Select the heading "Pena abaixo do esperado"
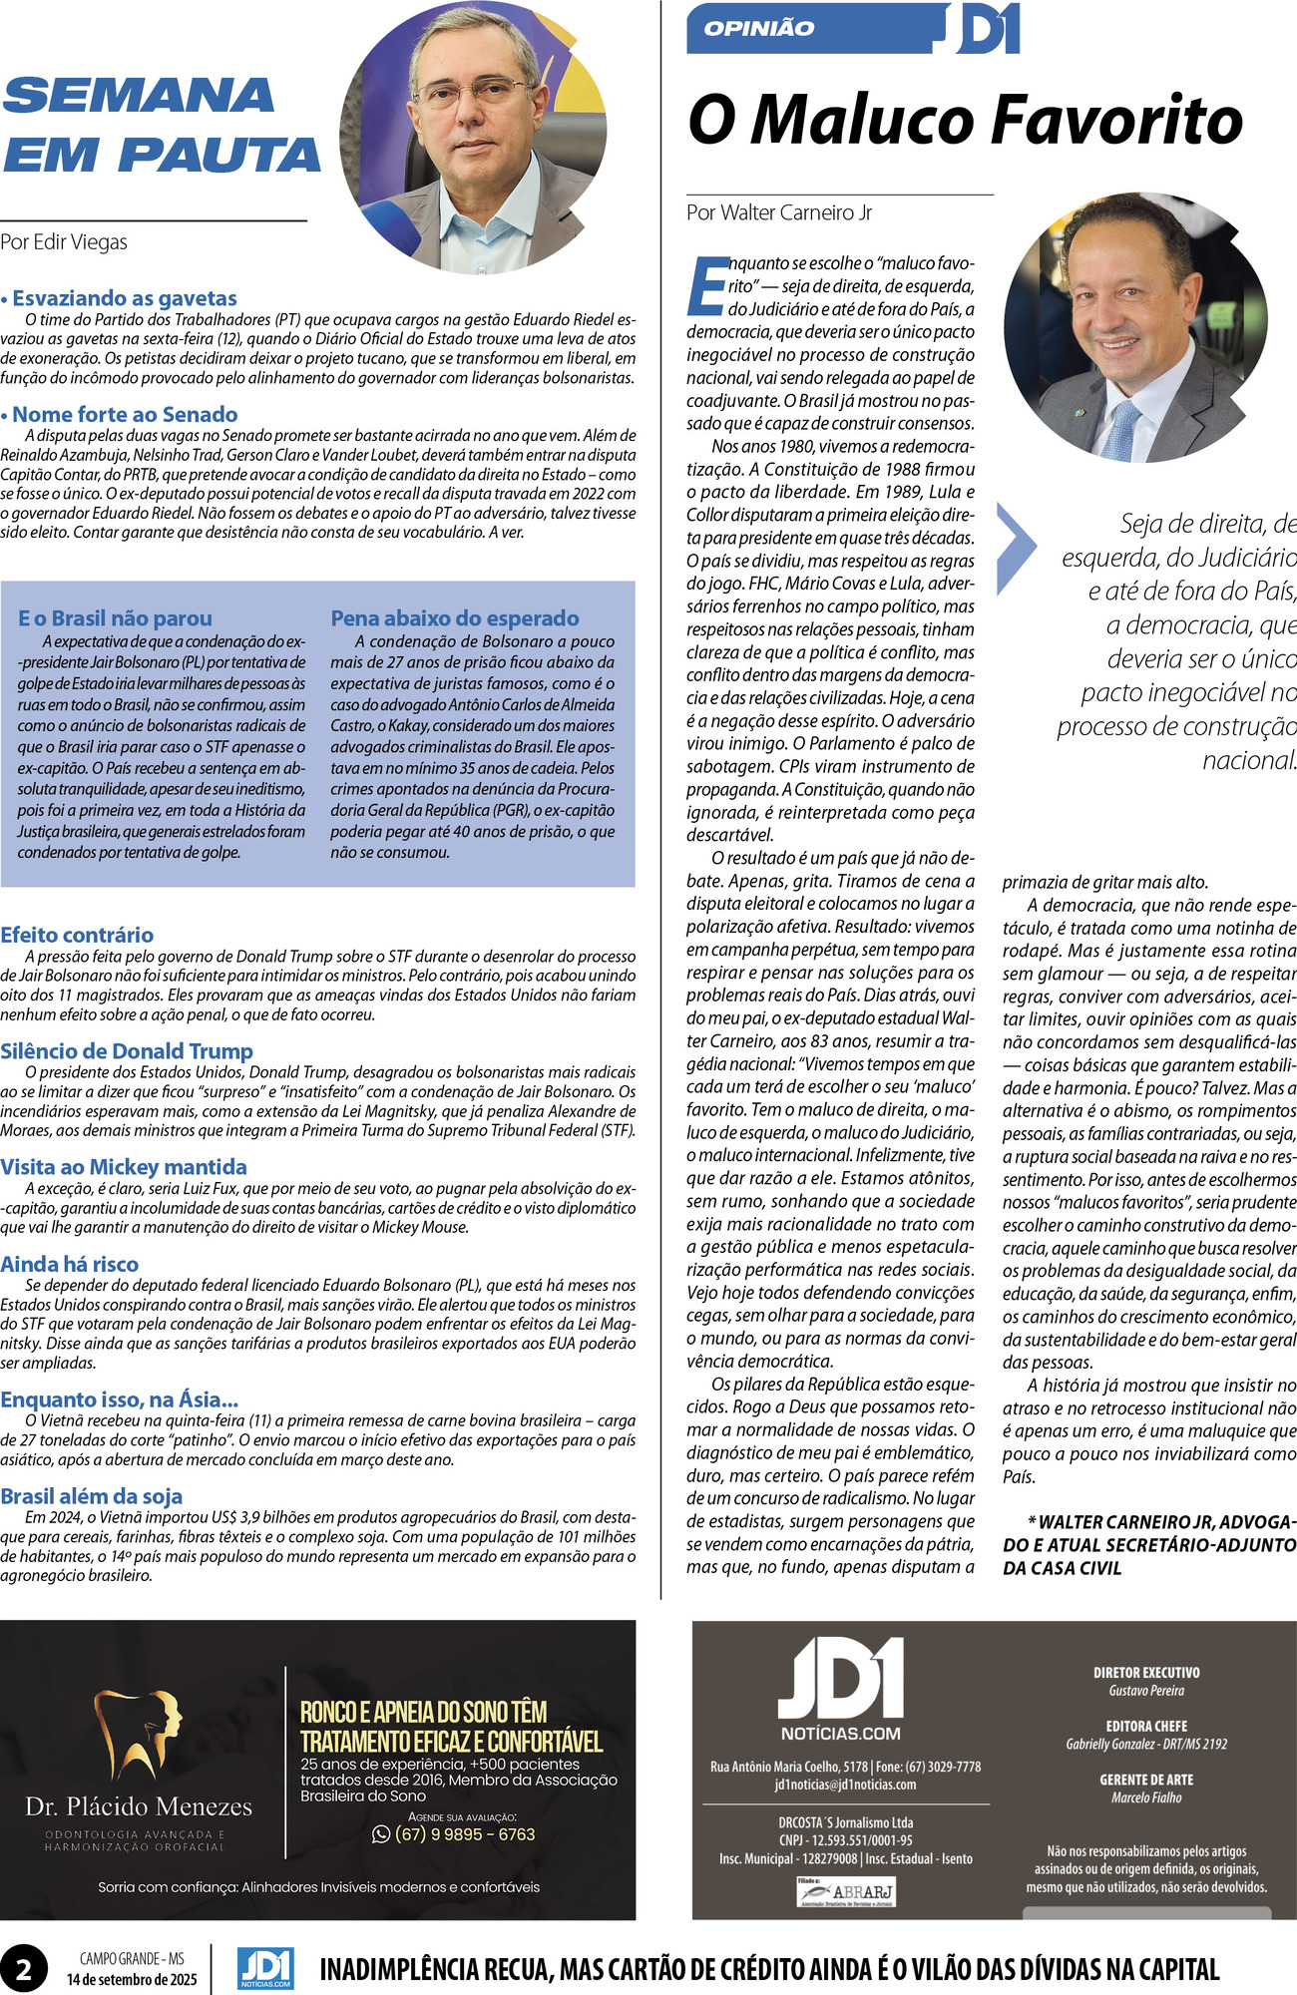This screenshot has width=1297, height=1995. point(455,618)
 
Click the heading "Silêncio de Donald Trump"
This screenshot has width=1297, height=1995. point(127,1051)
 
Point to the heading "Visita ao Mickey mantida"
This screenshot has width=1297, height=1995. point(124,1167)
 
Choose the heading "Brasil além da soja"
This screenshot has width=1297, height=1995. point(92,1496)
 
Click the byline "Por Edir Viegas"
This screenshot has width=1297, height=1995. point(64,242)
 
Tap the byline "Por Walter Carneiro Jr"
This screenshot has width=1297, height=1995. point(779,212)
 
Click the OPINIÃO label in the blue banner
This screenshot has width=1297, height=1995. point(758,29)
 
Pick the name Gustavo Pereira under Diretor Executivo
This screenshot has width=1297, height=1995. point(1146,1691)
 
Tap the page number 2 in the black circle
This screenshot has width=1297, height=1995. point(23,1970)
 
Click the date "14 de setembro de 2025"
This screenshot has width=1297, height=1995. point(132,1980)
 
